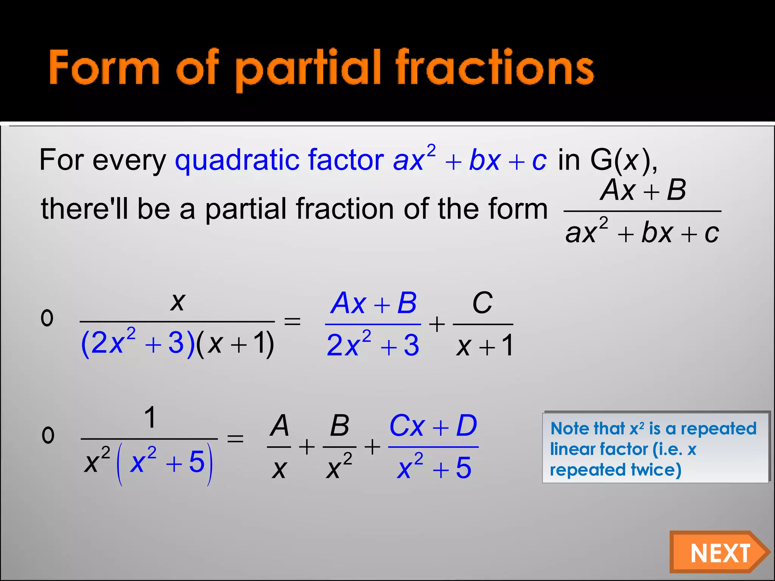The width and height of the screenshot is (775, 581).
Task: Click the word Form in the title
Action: pos(104,68)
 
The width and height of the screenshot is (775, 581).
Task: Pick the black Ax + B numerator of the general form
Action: pos(643,190)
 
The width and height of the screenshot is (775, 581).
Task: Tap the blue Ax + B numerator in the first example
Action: pos(373,303)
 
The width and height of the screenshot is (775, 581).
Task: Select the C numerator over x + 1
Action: pos(482,303)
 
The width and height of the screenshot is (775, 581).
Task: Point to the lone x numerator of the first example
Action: pos(177,302)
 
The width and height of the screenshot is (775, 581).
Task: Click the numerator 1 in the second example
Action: pos(150,418)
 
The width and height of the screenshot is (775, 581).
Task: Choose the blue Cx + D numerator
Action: pos(433,426)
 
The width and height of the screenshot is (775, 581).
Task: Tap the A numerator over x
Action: pos(280,426)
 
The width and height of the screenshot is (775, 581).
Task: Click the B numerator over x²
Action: pos(339,426)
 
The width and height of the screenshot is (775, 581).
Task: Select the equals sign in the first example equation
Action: pos(292,322)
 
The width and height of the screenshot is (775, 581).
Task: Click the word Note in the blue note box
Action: pos(568,429)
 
